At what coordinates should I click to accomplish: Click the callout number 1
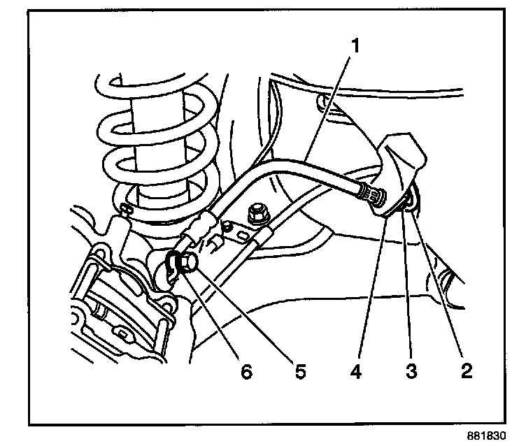355,47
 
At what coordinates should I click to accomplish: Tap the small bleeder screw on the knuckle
127,208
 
